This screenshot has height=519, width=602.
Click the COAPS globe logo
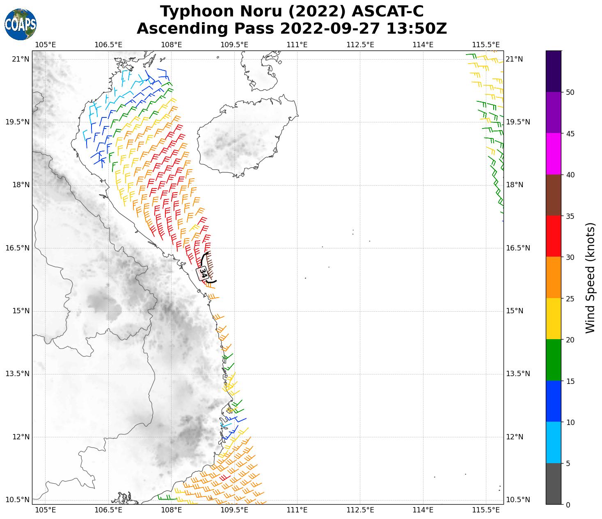(20, 24)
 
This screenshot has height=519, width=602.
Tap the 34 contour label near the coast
(203, 273)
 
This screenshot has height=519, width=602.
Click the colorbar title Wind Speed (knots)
(590, 278)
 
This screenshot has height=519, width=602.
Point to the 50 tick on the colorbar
(570, 92)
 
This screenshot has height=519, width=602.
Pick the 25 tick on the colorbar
(570, 299)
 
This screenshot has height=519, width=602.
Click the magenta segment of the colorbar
(553, 154)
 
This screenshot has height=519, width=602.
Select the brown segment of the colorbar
(553, 195)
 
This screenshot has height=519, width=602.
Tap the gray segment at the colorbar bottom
(553, 483)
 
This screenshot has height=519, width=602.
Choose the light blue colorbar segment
(553, 442)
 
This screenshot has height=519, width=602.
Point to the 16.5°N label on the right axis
(517, 248)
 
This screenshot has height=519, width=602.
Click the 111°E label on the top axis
(297, 44)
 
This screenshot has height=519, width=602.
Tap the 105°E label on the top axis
(45, 44)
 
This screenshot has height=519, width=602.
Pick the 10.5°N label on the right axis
(517, 500)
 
